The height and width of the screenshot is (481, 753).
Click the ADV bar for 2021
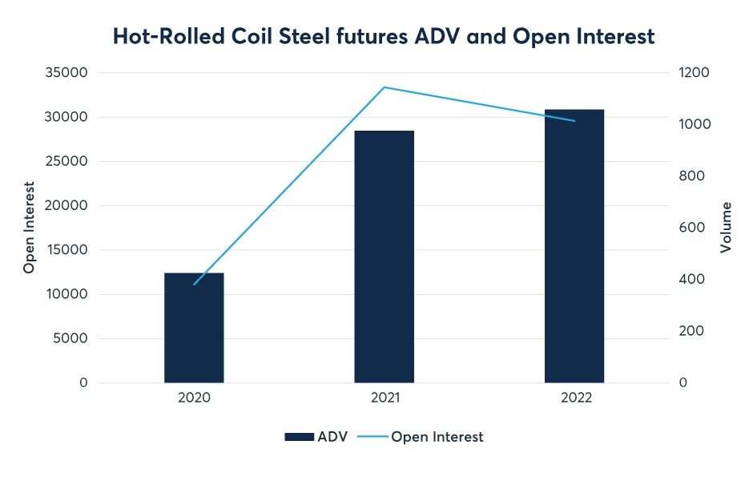384,257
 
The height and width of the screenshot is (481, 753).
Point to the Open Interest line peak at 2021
385,87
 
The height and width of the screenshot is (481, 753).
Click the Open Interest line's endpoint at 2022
574,121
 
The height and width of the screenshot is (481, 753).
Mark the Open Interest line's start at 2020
194,285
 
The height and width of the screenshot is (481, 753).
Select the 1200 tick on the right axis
694,73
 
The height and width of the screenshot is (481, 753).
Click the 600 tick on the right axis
691,228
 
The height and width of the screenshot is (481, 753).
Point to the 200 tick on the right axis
691,331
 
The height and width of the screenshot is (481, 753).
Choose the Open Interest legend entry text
437,437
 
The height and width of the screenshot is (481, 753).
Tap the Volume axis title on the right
726,228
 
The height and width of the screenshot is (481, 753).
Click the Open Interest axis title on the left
29,228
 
